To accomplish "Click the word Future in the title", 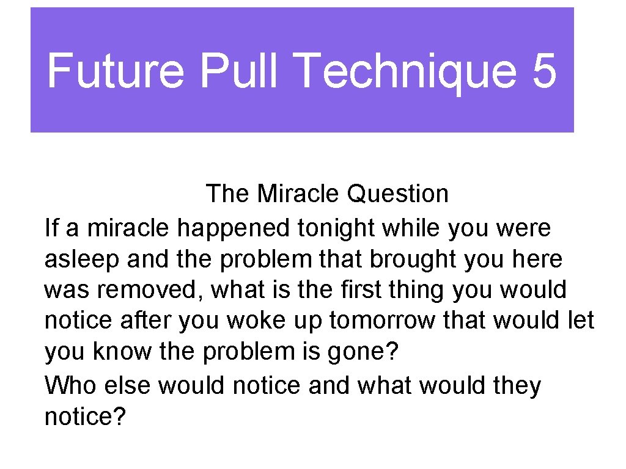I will pos(115,70).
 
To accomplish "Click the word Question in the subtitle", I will pos(397,194).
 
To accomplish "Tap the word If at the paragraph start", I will pos(52,228).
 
